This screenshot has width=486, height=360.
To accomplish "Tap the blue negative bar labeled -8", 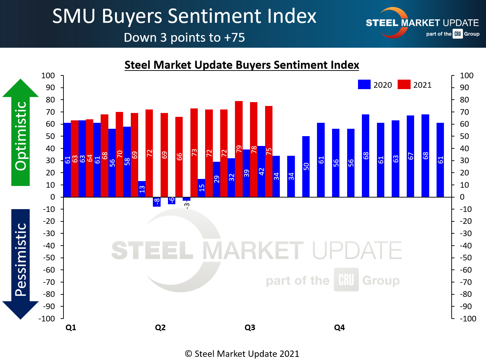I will pyautogui.click(x=157, y=202).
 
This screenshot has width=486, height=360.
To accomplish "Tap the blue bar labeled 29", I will pyautogui.click(x=216, y=179).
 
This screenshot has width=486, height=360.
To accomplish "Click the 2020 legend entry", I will pyautogui.click(x=375, y=85).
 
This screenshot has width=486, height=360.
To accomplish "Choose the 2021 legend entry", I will pyautogui.click(x=415, y=85).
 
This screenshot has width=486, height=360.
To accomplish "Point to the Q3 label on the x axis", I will pyautogui.click(x=250, y=327).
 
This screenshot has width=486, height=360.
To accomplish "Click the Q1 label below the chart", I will pyautogui.click(x=71, y=327).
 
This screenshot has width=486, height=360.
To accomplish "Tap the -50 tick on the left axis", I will pyautogui.click(x=49, y=258).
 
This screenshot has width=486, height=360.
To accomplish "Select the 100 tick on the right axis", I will pyautogui.click(x=466, y=75).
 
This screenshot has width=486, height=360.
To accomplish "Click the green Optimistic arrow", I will pyautogui.click(x=20, y=133).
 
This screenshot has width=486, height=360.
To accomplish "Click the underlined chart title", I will pyautogui.click(x=242, y=65).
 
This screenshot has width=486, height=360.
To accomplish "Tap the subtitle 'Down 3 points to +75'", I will pyautogui.click(x=184, y=38).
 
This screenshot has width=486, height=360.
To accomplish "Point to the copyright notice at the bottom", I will pyautogui.click(x=242, y=354).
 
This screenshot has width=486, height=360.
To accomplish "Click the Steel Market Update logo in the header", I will pyautogui.click(x=422, y=24).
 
